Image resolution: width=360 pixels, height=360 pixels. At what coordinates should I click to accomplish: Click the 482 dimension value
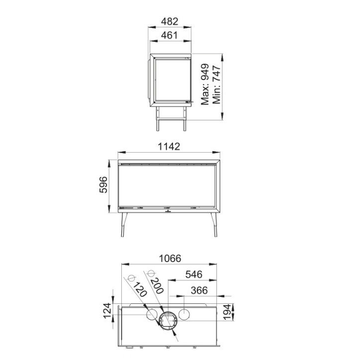pyautogui.click(x=170, y=21)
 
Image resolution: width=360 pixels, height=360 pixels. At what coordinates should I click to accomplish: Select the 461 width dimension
pyautogui.click(x=170, y=35)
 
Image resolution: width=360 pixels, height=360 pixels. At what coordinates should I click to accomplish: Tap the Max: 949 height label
pyautogui.click(x=205, y=84)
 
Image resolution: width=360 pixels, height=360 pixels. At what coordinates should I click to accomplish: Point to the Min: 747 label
pyautogui.click(x=216, y=85)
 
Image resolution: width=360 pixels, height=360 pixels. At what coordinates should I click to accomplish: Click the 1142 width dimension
pyautogui.click(x=169, y=147)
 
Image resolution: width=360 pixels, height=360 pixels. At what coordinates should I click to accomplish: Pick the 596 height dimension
pyautogui.click(x=103, y=185)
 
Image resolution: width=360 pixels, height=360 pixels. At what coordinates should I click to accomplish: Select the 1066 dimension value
pyautogui.click(x=170, y=258)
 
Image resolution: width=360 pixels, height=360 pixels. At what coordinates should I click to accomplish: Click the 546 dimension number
pyautogui.click(x=194, y=274)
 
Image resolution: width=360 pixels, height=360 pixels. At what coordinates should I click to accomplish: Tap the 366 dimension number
pyautogui.click(x=199, y=290)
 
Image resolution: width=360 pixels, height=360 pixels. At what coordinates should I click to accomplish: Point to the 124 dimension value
pyautogui.click(x=107, y=311)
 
